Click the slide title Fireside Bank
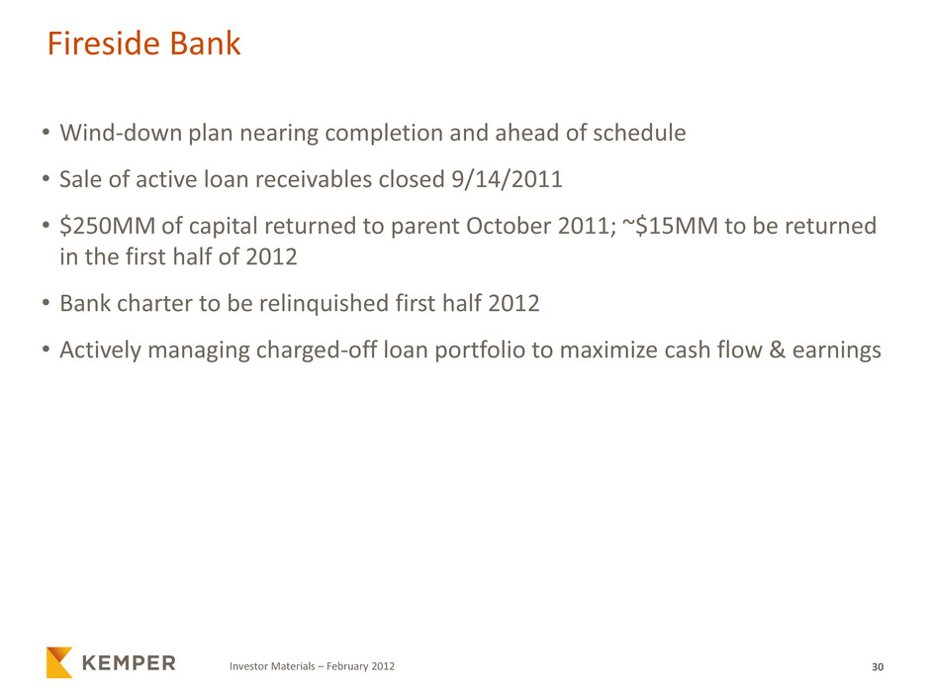[144, 44]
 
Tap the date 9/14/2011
[508, 179]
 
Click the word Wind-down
[121, 133]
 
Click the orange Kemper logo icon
[59, 662]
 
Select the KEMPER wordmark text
[129, 663]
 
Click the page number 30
[878, 667]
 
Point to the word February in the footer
[347, 666]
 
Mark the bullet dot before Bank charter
[46, 303]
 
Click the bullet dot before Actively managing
[46, 349]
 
